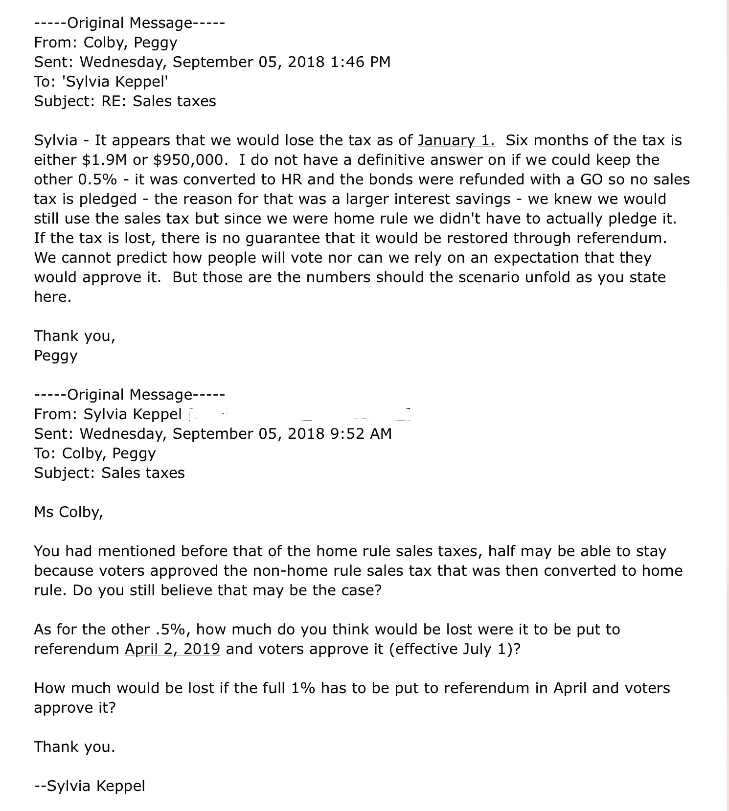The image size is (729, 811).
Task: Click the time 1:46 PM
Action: [x=361, y=62]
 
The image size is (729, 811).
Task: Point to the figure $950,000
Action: [x=191, y=160]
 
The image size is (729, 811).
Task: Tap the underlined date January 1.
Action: [x=456, y=140]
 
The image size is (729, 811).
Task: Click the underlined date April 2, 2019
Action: [x=172, y=649]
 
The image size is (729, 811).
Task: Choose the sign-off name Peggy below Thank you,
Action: [x=56, y=356]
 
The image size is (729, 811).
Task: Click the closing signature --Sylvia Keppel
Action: [x=90, y=786]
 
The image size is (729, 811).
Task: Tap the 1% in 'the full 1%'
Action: [x=303, y=688]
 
